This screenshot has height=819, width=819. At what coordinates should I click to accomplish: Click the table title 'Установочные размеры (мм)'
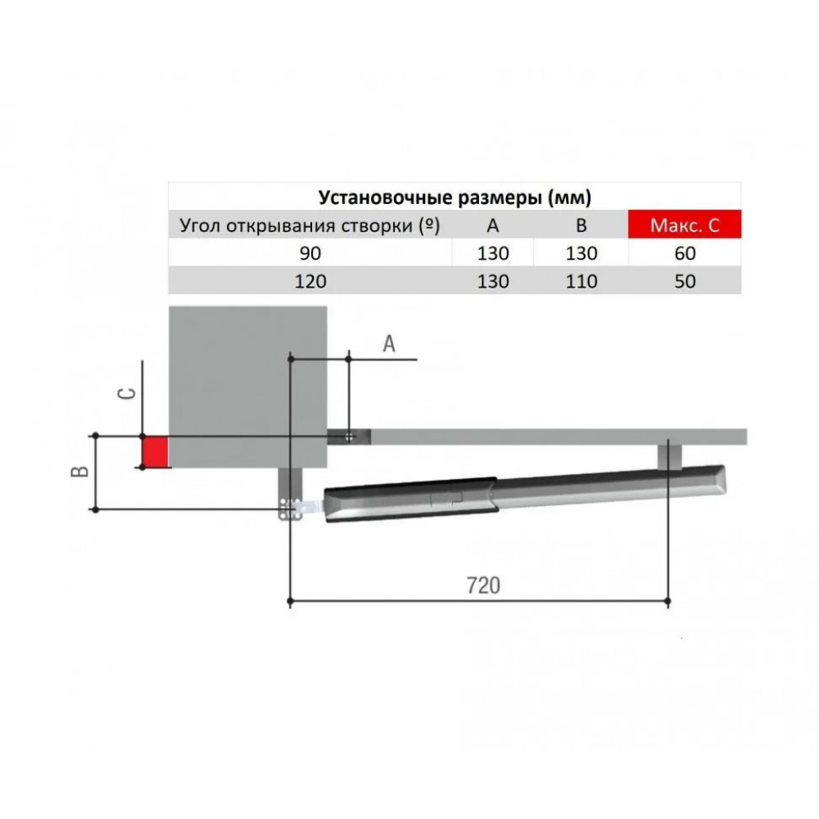pos(455,197)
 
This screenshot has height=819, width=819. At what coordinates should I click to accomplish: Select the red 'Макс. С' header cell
pos(685,224)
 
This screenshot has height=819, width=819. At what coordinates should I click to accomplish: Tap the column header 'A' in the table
pos(492,226)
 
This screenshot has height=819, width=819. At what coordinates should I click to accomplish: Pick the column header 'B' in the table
pos(581,226)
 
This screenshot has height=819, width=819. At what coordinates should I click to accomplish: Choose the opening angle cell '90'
pos(310,253)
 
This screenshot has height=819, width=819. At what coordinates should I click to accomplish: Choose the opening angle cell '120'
pos(310,282)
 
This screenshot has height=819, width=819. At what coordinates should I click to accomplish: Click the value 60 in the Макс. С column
pos(685,253)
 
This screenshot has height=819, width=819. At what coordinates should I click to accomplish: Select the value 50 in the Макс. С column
pos(685,282)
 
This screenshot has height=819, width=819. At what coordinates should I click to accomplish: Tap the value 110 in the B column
pos(581,282)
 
